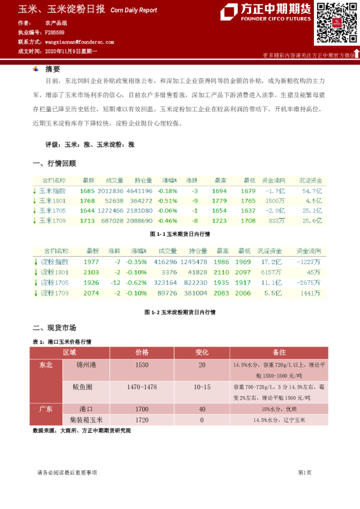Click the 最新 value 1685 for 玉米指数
(87, 190)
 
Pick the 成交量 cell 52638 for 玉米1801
(114, 201)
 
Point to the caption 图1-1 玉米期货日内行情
(180, 234)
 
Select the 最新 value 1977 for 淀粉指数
(91, 262)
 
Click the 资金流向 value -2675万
(309, 283)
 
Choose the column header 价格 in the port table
(142, 352)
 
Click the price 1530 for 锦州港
(142, 366)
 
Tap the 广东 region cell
(46, 409)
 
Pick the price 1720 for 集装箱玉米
(142, 419)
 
